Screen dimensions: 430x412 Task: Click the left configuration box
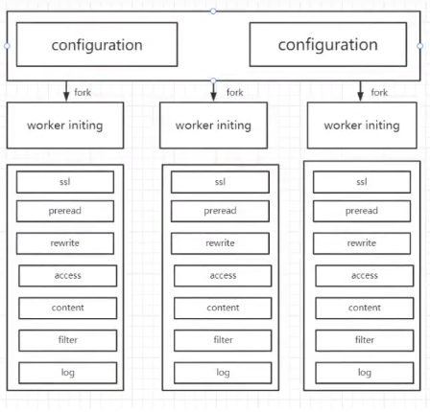[x=97, y=44]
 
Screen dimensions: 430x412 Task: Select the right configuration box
[x=328, y=44]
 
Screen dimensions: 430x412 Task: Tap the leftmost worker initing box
[x=65, y=126]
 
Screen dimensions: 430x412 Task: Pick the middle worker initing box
[x=214, y=126]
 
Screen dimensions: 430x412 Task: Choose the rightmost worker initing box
[x=362, y=126]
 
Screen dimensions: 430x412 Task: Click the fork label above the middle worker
[x=235, y=93]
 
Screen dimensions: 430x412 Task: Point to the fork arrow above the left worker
[x=66, y=91]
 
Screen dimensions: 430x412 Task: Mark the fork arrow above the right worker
[x=360, y=91]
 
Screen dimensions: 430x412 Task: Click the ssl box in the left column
[x=65, y=182]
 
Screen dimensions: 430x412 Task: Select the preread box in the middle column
[x=220, y=211]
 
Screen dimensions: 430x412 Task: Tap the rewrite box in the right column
[x=362, y=243]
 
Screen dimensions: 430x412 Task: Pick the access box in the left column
[x=68, y=276]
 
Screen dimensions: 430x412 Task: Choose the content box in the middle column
[x=223, y=308]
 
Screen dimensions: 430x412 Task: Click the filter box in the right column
[x=365, y=340]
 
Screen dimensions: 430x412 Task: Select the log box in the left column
[x=68, y=373]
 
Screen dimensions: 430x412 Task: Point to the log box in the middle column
[x=223, y=373]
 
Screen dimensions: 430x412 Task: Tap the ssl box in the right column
[x=362, y=182]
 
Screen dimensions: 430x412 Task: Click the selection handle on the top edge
[x=213, y=11]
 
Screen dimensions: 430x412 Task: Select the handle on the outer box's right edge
[x=420, y=46]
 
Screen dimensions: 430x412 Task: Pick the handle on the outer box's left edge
[x=7, y=46]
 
